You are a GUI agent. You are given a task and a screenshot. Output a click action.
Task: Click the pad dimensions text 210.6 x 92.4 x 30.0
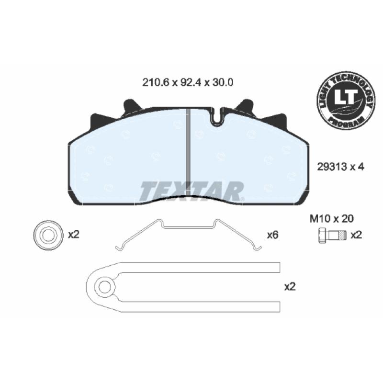click(188, 82)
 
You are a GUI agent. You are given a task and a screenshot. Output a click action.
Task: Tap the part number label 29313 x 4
click(340, 167)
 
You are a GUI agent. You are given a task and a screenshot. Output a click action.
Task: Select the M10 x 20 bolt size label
click(331, 219)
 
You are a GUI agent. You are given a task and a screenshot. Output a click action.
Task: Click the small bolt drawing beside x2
click(332, 236)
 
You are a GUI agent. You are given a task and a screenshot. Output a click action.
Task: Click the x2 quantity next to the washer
click(74, 235)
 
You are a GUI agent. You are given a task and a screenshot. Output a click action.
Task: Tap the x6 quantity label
click(272, 235)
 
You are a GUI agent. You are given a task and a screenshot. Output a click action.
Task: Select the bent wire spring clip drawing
click(188, 227)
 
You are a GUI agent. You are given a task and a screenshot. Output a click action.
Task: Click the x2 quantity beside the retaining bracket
click(290, 287)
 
